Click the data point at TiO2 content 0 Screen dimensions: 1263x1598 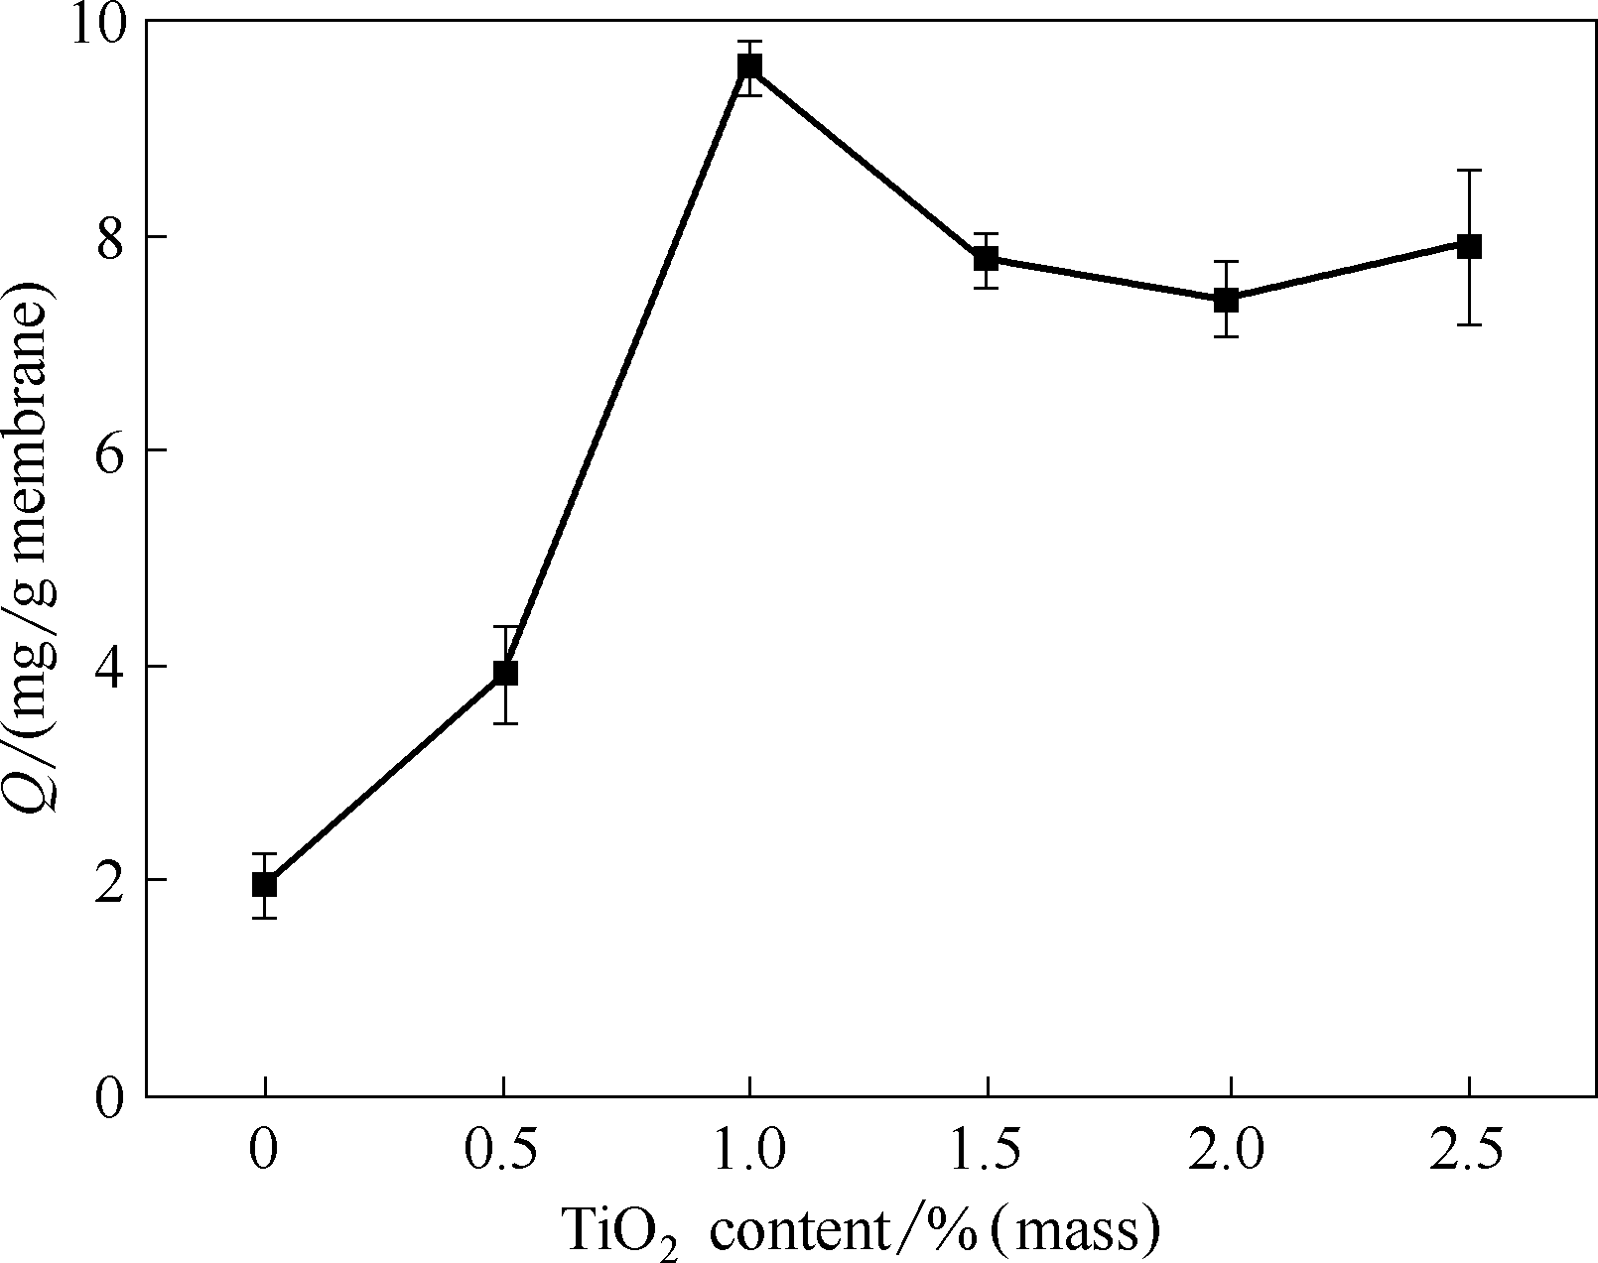pyautogui.click(x=264, y=884)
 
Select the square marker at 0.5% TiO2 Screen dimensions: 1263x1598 pyautogui.click(x=505, y=673)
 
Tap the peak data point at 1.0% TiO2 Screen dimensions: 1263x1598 pyautogui.click(x=749, y=66)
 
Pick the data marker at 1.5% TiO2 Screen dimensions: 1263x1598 pyautogui.click(x=986, y=259)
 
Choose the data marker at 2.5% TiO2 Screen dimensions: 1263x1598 pyautogui.click(x=1469, y=246)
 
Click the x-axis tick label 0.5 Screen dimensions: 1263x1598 pyautogui.click(x=502, y=1152)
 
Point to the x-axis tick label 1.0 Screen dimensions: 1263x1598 pyautogui.click(x=747, y=1152)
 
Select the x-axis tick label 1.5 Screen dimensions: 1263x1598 pyautogui.click(x=986, y=1152)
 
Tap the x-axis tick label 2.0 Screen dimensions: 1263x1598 pyautogui.click(x=1228, y=1152)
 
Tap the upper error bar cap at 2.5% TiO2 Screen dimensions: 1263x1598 pyautogui.click(x=1469, y=171)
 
